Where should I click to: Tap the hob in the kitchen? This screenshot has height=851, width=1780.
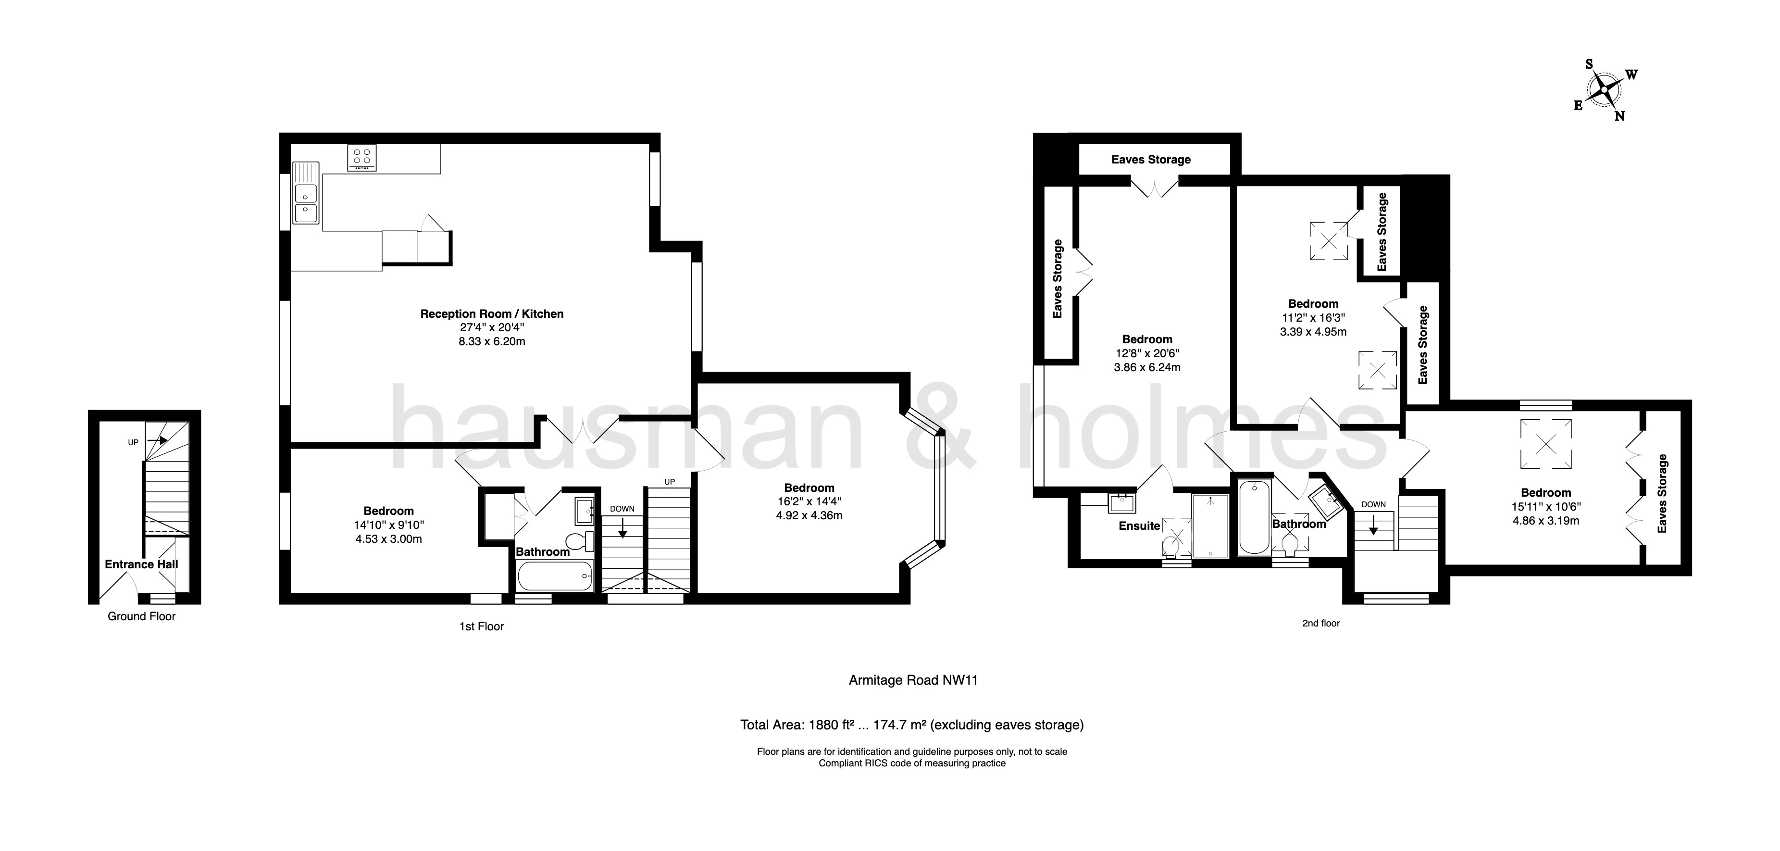[x=362, y=158]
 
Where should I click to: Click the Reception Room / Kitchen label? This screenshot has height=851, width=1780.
[x=492, y=314]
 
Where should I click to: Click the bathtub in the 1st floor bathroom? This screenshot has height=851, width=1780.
[x=555, y=575]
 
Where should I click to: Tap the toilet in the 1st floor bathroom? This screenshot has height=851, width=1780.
[x=578, y=540]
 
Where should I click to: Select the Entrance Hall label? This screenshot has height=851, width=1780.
[x=141, y=564]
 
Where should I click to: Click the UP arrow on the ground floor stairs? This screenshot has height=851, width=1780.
[x=158, y=439]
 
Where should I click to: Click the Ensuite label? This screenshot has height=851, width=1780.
[x=1139, y=526]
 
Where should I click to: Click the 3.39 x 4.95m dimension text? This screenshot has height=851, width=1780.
[x=1313, y=332]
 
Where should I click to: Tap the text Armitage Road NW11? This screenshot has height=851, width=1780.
[x=913, y=680]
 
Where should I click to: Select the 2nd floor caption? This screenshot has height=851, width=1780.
[x=1320, y=624]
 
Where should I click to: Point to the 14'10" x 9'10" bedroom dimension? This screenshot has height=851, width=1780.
[x=388, y=526]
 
